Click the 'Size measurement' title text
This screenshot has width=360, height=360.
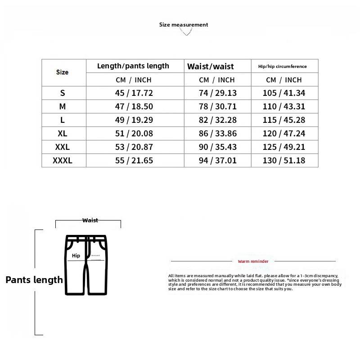point(184,25)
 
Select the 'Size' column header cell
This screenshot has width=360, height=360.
point(63,72)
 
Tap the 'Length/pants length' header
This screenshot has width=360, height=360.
point(133,66)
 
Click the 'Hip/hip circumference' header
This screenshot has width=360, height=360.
point(283,66)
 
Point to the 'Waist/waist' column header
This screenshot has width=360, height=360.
point(211,67)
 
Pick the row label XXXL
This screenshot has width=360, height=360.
point(63,160)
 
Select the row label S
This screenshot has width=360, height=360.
point(63,93)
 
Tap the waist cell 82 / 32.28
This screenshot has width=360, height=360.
point(217,120)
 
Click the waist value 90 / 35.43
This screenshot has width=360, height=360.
point(217,147)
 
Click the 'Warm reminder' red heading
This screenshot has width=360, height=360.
point(253,261)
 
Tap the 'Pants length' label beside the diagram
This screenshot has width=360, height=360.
point(34,280)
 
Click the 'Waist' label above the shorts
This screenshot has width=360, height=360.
point(90,220)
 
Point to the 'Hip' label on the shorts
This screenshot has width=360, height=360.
point(76,255)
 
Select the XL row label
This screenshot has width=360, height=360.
point(63,133)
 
